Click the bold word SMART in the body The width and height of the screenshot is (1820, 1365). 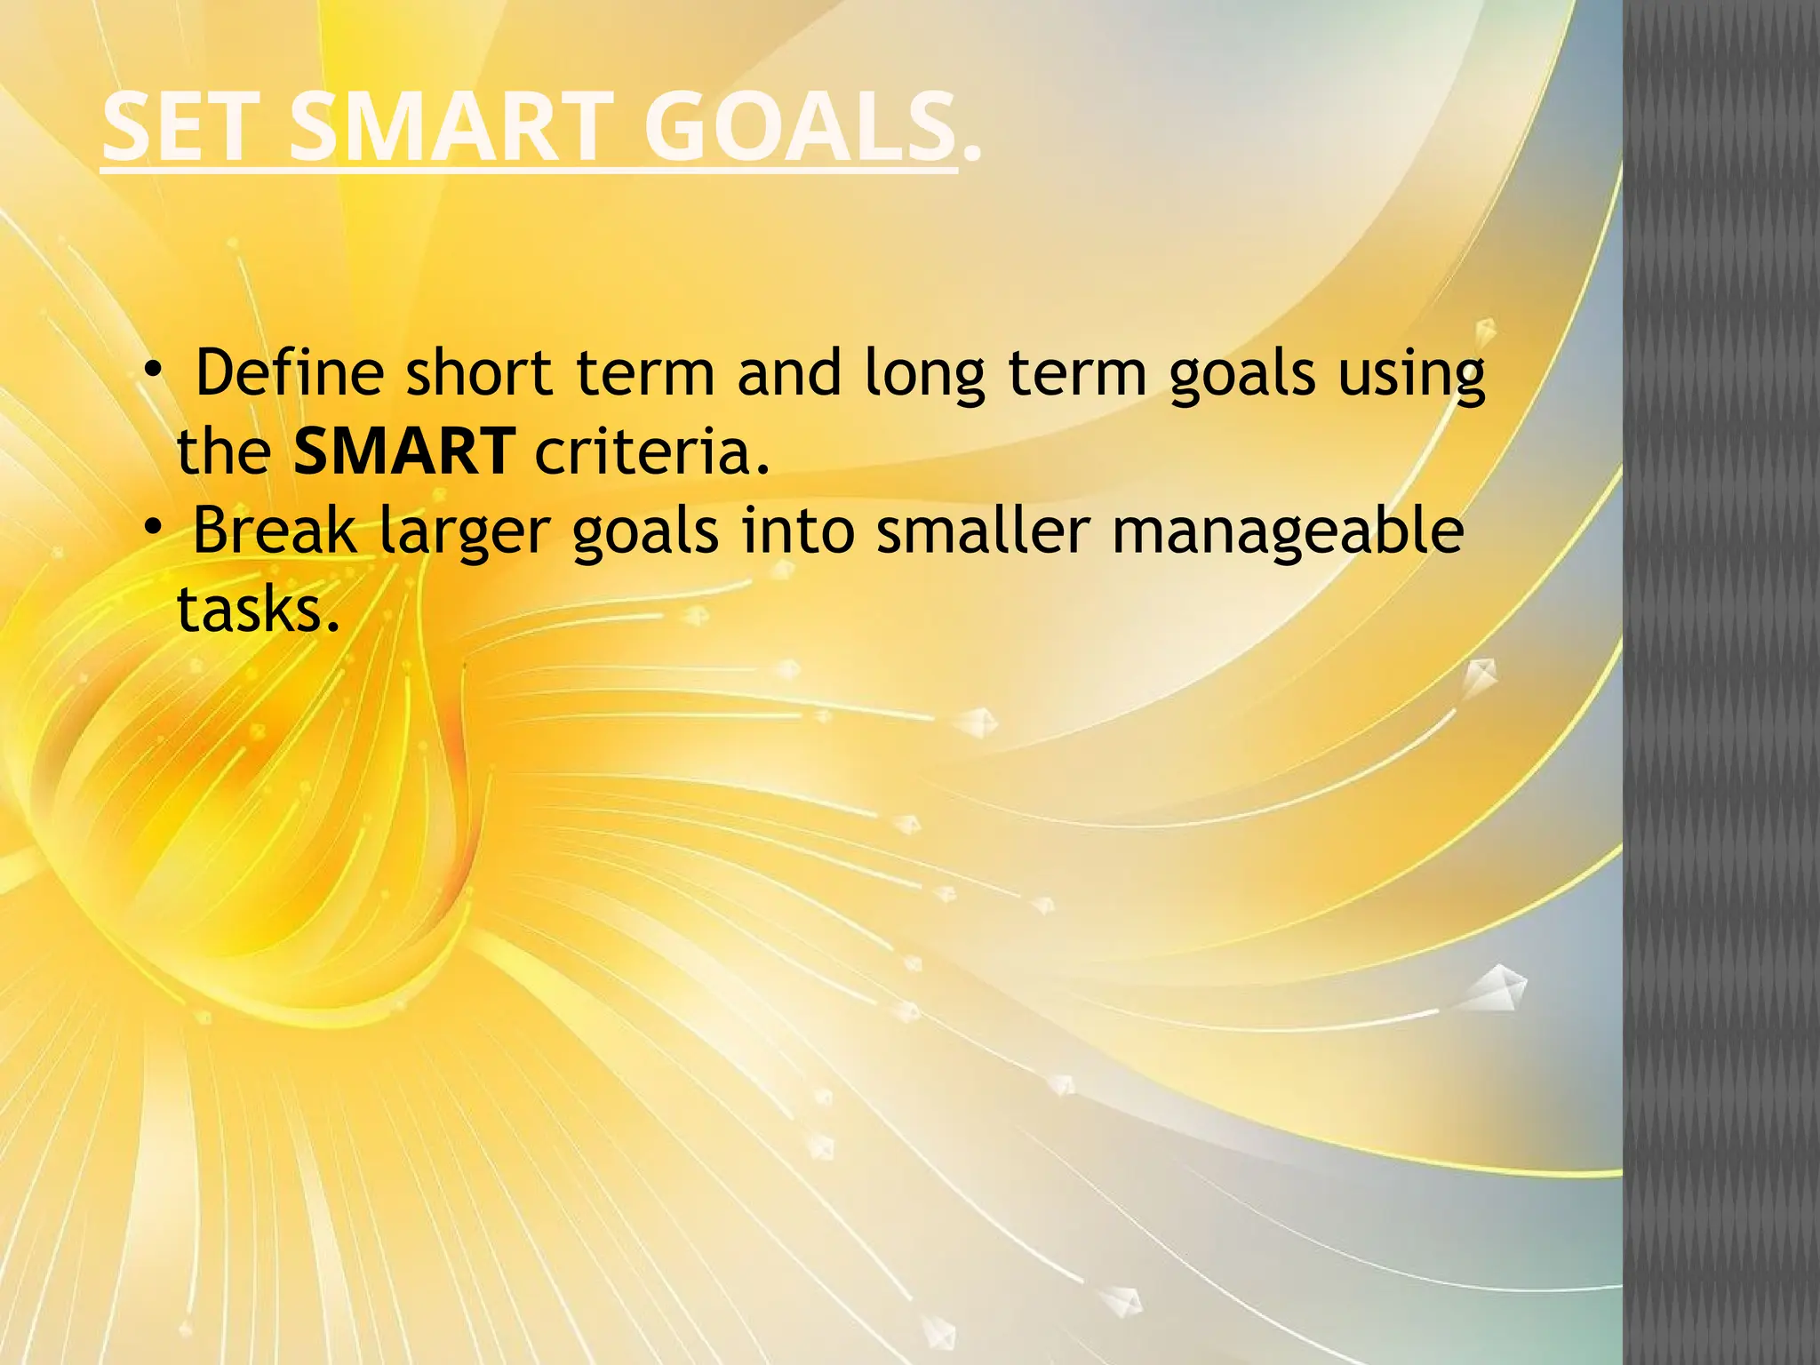click(x=404, y=451)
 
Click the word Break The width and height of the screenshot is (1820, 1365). click(x=274, y=531)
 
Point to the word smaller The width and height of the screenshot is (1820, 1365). click(x=983, y=531)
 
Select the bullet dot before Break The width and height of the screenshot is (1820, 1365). click(x=154, y=528)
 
